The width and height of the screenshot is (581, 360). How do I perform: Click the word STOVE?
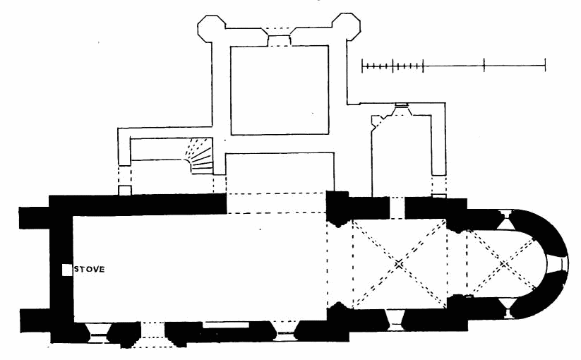(90, 269)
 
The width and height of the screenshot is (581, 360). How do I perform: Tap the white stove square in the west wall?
(66, 270)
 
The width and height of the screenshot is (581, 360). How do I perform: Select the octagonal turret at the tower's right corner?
(345, 27)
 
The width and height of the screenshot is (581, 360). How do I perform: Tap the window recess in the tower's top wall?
(278, 39)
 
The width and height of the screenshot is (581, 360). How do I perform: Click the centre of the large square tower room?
(280, 90)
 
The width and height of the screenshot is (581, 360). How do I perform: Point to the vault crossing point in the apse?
(503, 264)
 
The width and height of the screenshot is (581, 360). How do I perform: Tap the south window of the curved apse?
(508, 308)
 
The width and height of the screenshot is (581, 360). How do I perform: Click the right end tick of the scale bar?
(545, 66)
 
